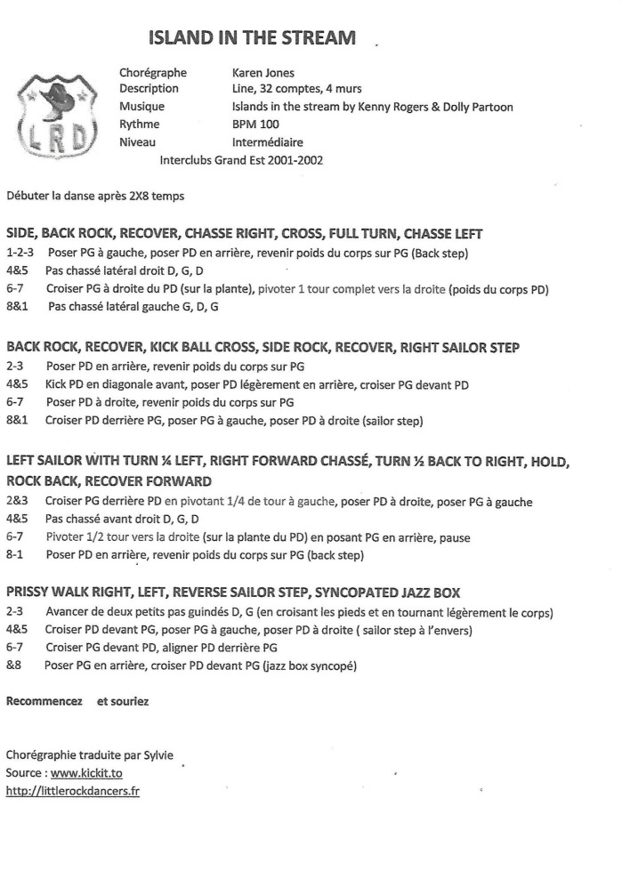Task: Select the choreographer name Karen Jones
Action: pyautogui.click(x=263, y=73)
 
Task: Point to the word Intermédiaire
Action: pyautogui.click(x=267, y=142)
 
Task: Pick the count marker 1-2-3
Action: pyautogui.click(x=21, y=252)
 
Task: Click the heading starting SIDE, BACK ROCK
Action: pyautogui.click(x=245, y=234)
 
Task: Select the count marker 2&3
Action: pyautogui.click(x=18, y=502)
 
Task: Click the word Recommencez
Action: pyautogui.click(x=44, y=701)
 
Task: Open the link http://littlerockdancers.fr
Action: pyautogui.click(x=73, y=791)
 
